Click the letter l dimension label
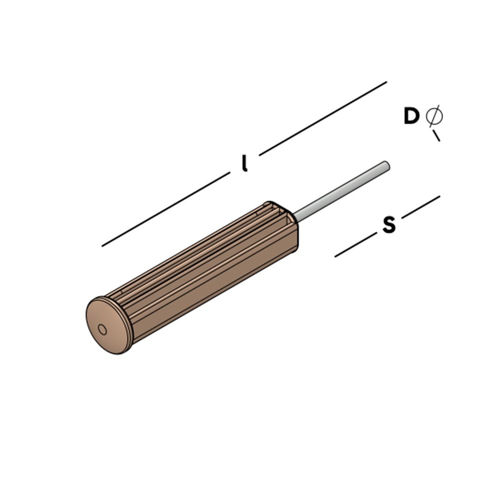coord(244,164)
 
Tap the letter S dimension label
coord(389,225)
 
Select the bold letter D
coord(411,116)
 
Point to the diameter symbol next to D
coord(434,116)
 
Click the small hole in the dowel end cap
coord(102,329)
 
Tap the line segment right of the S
coord(421,207)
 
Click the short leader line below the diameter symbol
coord(436,135)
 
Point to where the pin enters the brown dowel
coord(295,218)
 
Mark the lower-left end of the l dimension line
coord(103,246)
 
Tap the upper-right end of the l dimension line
coord(386,82)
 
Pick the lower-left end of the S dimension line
coord(336,256)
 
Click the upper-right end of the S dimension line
coord(439,197)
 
